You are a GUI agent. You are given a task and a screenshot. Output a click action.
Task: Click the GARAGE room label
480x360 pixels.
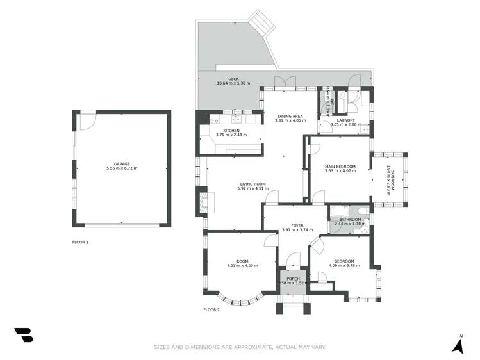[122, 164]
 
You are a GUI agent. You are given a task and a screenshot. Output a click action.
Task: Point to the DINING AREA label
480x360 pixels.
[289, 116]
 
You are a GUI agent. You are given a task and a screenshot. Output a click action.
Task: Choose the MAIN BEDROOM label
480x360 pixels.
[340, 167]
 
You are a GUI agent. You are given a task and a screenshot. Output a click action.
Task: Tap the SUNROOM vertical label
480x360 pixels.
[393, 177]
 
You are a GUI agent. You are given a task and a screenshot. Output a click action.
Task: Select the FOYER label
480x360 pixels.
[297, 225]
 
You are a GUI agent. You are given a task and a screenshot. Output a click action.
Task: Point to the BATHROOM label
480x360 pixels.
[348, 220]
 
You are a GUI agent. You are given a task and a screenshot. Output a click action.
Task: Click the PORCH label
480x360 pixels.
[294, 279]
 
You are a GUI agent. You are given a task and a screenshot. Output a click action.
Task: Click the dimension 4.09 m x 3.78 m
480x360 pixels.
[343, 266]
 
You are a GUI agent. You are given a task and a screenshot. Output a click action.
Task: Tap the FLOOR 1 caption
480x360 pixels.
[80, 242]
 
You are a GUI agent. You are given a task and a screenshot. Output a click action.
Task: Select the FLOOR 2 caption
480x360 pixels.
[211, 309]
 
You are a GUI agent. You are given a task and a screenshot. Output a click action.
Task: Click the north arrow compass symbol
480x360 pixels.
[458, 346]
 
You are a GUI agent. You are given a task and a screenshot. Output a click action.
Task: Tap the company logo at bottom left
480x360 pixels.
[23, 335]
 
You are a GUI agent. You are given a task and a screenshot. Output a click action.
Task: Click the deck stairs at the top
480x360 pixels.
[263, 24]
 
